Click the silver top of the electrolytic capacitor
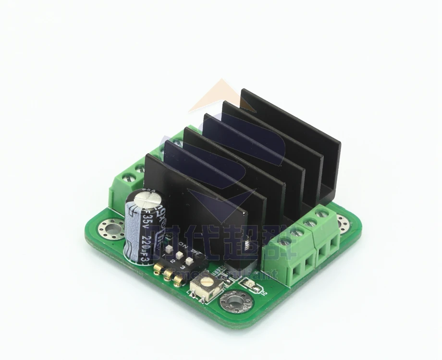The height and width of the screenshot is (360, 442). coord(144,198)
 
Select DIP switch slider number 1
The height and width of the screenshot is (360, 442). coord(170,251)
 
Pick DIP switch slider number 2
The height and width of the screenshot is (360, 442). coord(180,256)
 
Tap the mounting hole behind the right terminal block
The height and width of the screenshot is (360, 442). coord(343,223)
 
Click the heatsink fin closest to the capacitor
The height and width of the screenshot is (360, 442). coord(192,192)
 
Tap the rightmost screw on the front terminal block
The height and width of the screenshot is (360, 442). coord(322,213)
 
